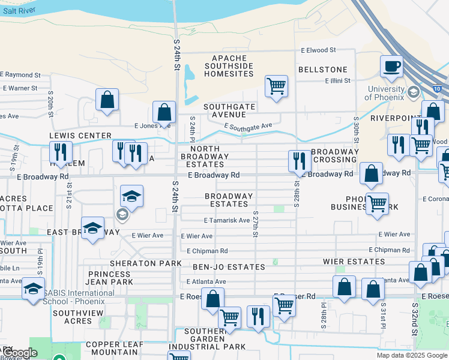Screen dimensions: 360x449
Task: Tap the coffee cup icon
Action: (x=392, y=66)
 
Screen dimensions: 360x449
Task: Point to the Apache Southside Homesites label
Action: (x=229, y=66)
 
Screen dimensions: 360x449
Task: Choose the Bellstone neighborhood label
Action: (x=323, y=70)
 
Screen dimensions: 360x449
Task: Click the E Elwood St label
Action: (x=318, y=51)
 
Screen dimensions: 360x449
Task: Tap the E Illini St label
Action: (x=340, y=80)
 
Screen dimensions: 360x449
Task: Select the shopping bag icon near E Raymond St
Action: (x=107, y=100)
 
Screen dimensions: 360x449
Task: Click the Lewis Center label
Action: (x=80, y=136)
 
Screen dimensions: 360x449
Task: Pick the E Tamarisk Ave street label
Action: (x=226, y=220)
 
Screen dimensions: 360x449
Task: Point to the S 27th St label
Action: (x=256, y=223)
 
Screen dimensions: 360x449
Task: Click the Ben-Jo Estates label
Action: (x=229, y=266)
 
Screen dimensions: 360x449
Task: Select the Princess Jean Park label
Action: (x=110, y=277)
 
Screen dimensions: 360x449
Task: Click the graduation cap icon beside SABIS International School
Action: (x=33, y=289)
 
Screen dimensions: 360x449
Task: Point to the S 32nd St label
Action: (x=415, y=318)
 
